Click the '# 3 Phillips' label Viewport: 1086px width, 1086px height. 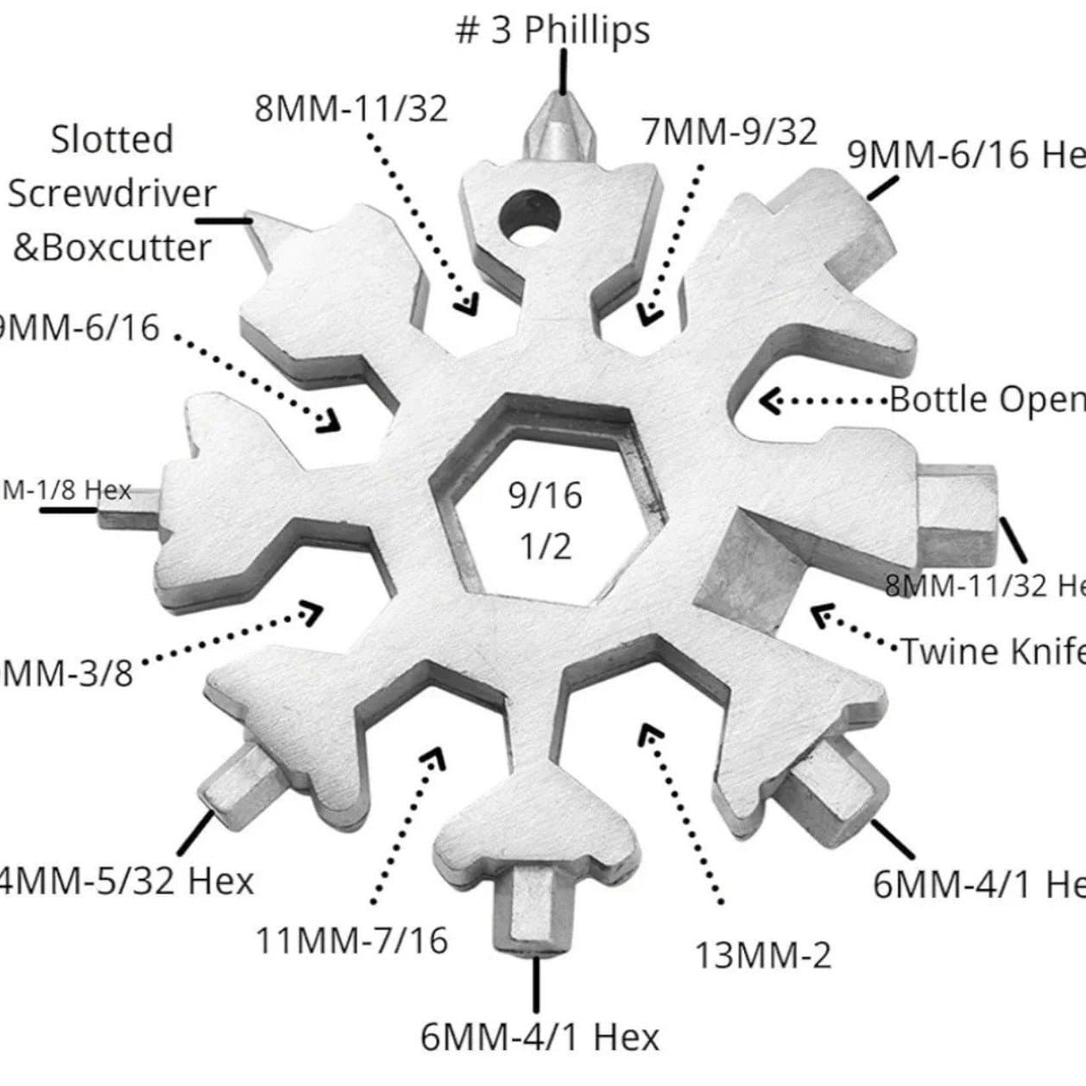click(552, 31)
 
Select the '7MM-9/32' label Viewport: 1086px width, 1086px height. click(729, 132)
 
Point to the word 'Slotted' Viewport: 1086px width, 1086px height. click(112, 139)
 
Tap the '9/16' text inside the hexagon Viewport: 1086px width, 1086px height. click(545, 496)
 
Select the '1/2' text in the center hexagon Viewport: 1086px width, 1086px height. click(545, 546)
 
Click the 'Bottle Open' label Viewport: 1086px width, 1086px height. click(987, 400)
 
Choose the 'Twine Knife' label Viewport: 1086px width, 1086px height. click(992, 650)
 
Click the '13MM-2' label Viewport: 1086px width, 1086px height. click(763, 955)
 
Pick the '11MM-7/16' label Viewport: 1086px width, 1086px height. click(352, 940)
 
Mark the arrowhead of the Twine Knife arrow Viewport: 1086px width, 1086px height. click(823, 615)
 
